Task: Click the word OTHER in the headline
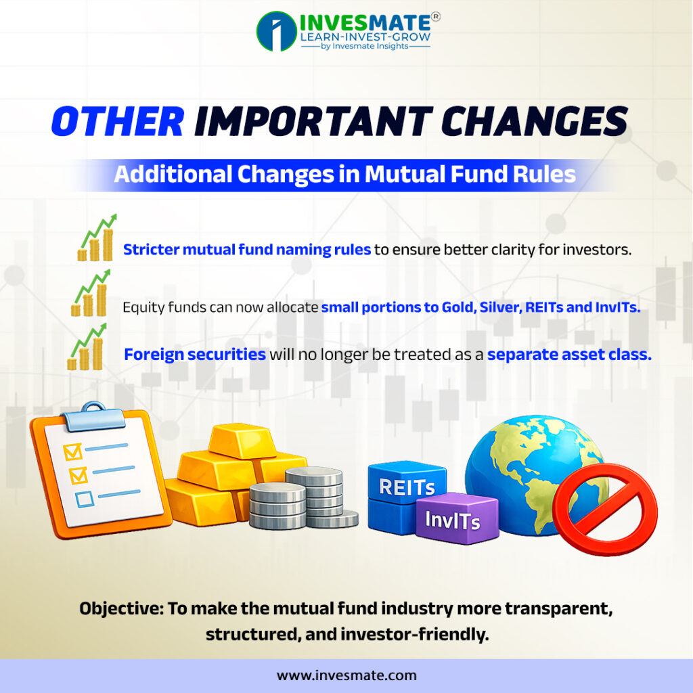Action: click(x=117, y=122)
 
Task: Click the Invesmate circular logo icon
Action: click(x=276, y=30)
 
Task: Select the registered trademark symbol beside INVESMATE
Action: click(x=436, y=16)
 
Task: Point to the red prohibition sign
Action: click(x=604, y=510)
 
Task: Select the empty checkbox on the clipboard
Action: click(x=85, y=499)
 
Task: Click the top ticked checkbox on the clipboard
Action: click(x=72, y=449)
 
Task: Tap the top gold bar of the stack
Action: click(x=240, y=441)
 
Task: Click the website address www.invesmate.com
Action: click(x=346, y=675)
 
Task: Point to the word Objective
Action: click(x=120, y=608)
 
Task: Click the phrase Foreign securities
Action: click(x=195, y=354)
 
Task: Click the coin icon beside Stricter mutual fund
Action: click(x=97, y=239)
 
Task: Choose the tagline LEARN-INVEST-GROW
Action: click(x=365, y=37)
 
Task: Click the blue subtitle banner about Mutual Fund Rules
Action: click(x=345, y=175)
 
